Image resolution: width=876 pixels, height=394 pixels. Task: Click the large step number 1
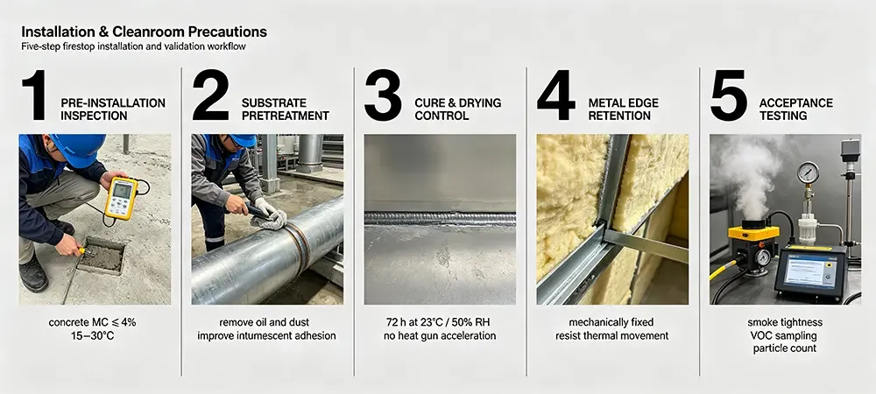[35, 95]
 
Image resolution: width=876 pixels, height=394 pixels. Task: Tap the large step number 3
[383, 95]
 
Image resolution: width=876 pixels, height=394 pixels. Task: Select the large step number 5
[729, 95]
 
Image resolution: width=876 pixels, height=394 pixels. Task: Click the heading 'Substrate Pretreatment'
[285, 109]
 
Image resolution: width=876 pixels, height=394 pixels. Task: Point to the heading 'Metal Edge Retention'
[623, 109]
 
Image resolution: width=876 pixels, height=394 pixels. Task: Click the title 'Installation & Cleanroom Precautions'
[145, 32]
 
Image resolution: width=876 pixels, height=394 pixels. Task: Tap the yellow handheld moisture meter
[121, 198]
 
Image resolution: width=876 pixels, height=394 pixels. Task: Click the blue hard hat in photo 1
[78, 148]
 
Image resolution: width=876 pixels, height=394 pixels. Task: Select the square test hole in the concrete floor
[101, 256]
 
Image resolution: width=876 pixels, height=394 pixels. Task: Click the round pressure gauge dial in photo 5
[808, 172]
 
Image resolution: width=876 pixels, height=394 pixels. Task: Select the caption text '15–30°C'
[92, 336]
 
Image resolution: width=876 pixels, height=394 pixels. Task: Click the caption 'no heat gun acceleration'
[440, 336]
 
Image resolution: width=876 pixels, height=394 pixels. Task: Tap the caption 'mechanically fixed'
[611, 322]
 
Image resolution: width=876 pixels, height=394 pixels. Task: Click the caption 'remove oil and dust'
[265, 322]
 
